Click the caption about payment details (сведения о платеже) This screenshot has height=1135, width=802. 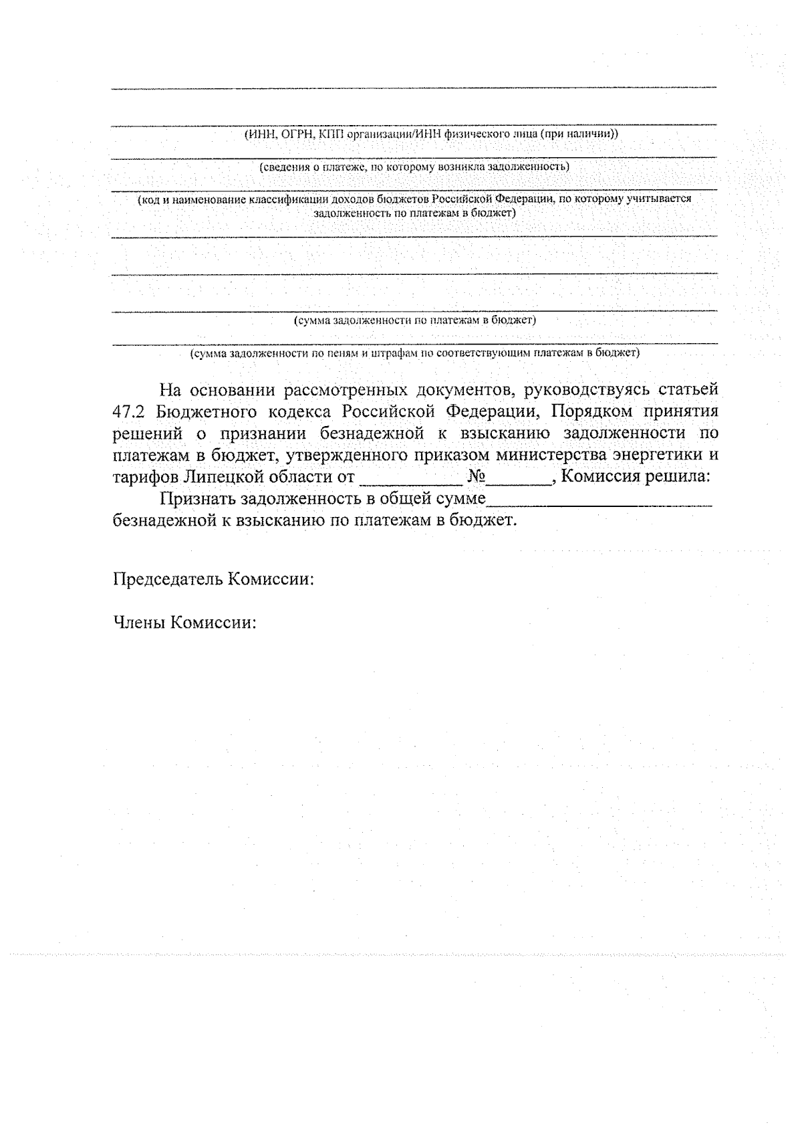pos(414,166)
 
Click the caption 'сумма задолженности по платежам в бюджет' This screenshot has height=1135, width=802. pos(415,320)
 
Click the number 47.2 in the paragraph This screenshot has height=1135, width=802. pos(124,411)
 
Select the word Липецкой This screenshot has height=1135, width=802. pos(225,478)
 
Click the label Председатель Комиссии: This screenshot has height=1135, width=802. pos(213,579)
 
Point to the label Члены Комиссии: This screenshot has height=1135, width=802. pos(184,623)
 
